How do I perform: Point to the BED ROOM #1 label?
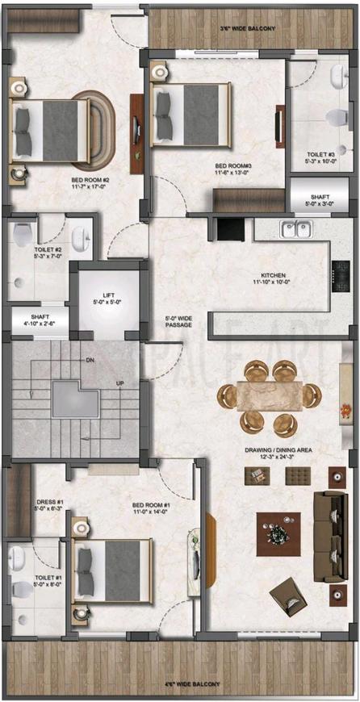152,506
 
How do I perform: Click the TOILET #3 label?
320,153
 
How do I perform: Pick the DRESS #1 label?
49,502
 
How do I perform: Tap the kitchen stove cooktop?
341,277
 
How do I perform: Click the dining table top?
269,396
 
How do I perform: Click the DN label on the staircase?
89,361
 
